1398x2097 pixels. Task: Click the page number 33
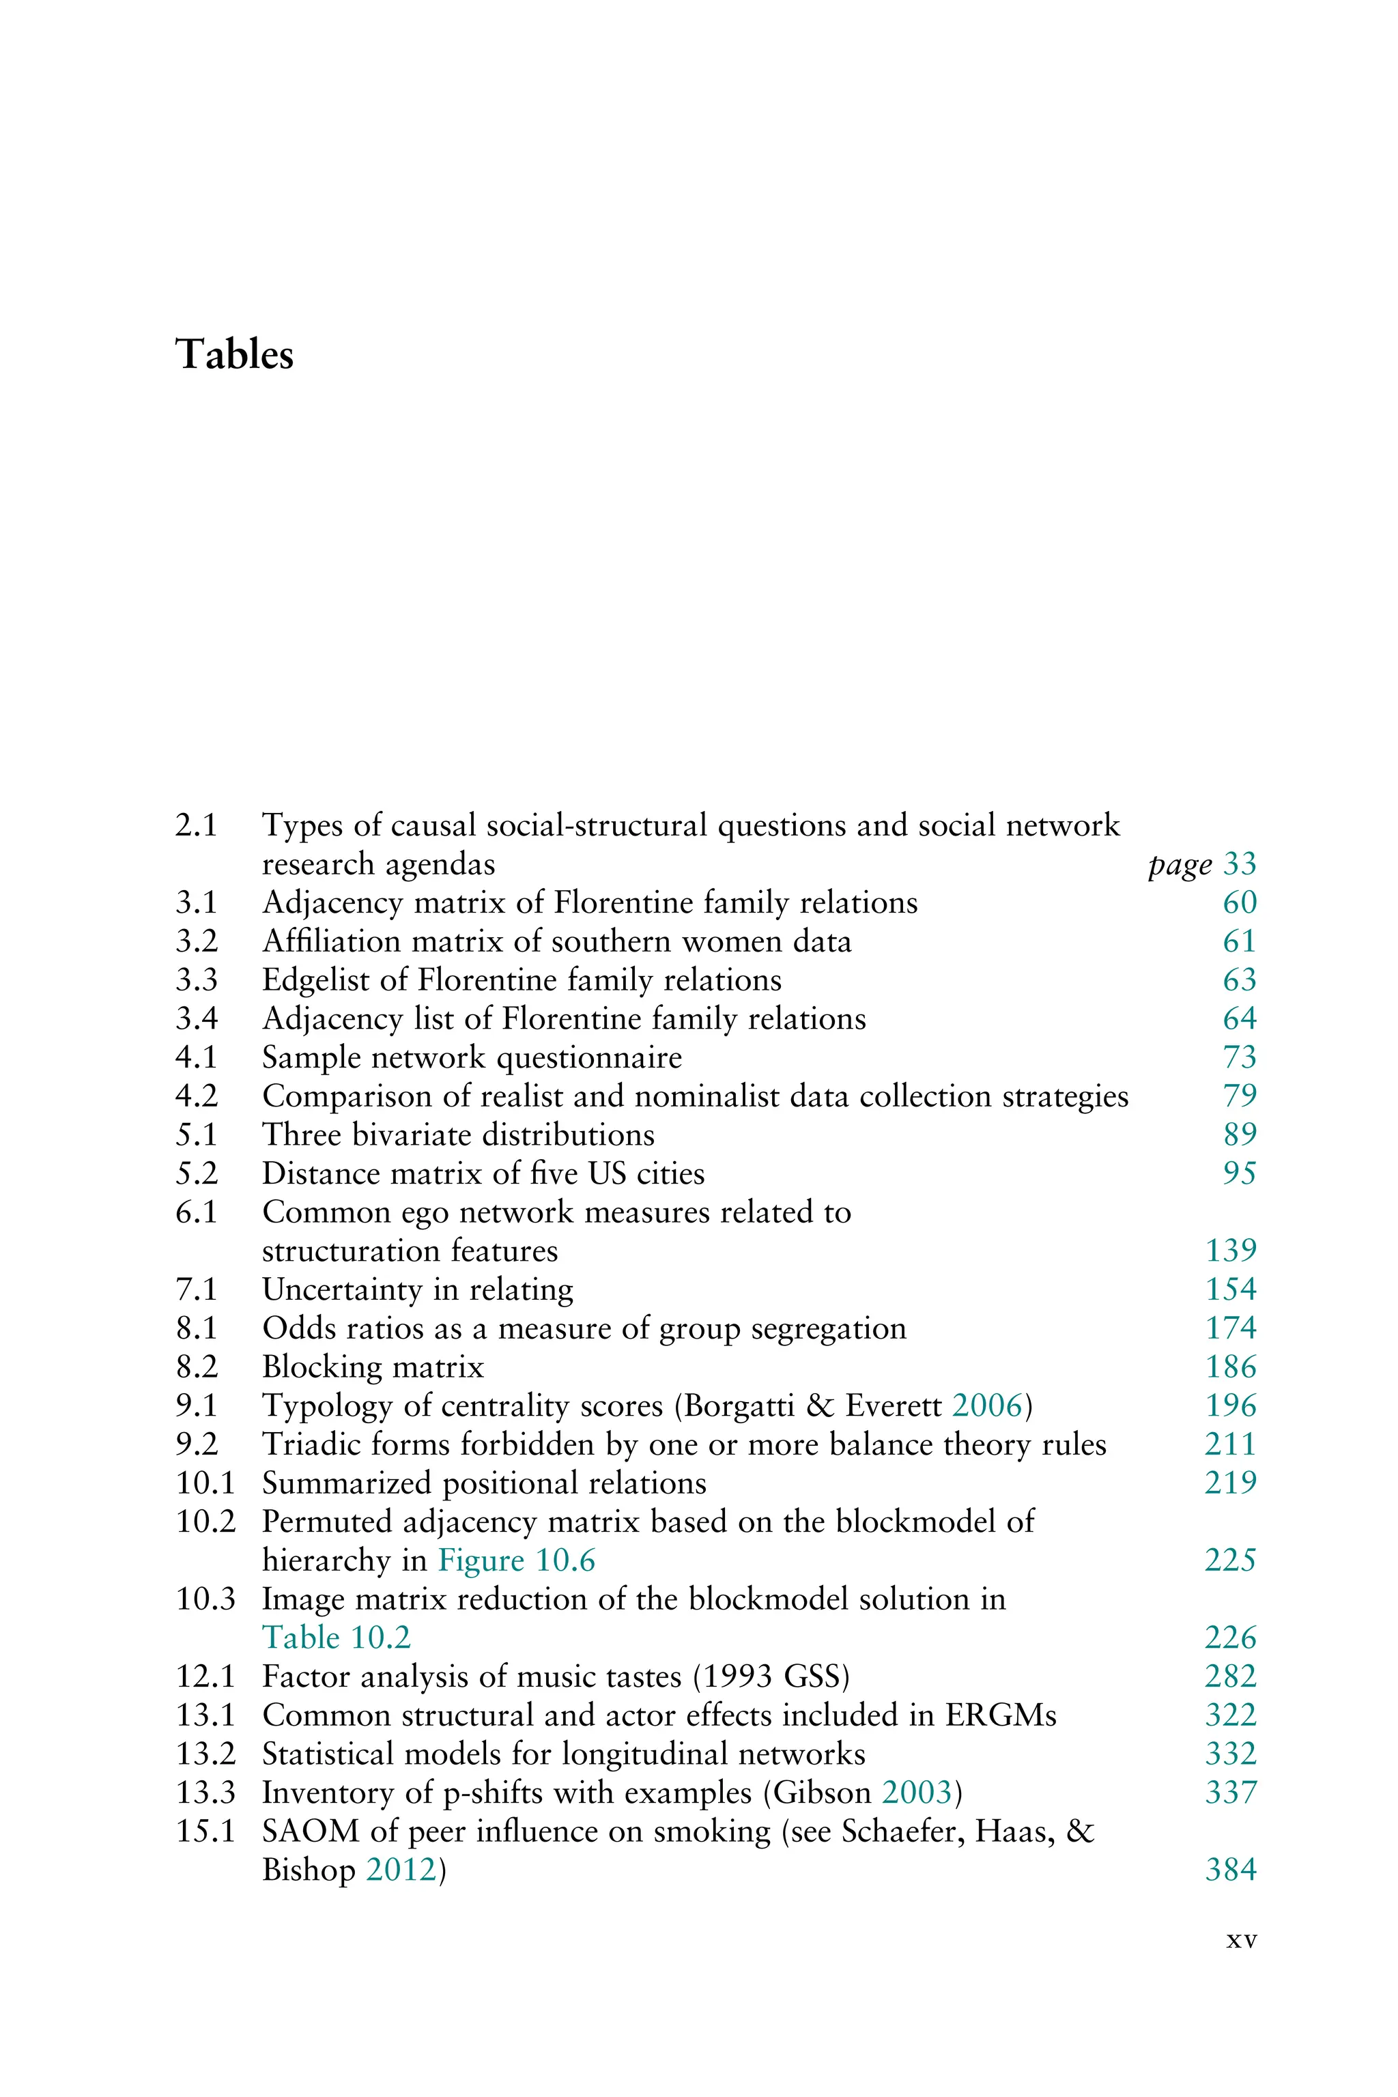[1240, 864]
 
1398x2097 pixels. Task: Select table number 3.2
[196, 941]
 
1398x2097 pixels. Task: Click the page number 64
[1240, 1019]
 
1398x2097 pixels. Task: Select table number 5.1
[196, 1135]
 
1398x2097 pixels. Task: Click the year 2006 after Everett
[987, 1406]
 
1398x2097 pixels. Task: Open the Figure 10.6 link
[516, 1561]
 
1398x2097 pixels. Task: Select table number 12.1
[205, 1677]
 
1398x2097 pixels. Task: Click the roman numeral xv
[1241, 1940]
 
